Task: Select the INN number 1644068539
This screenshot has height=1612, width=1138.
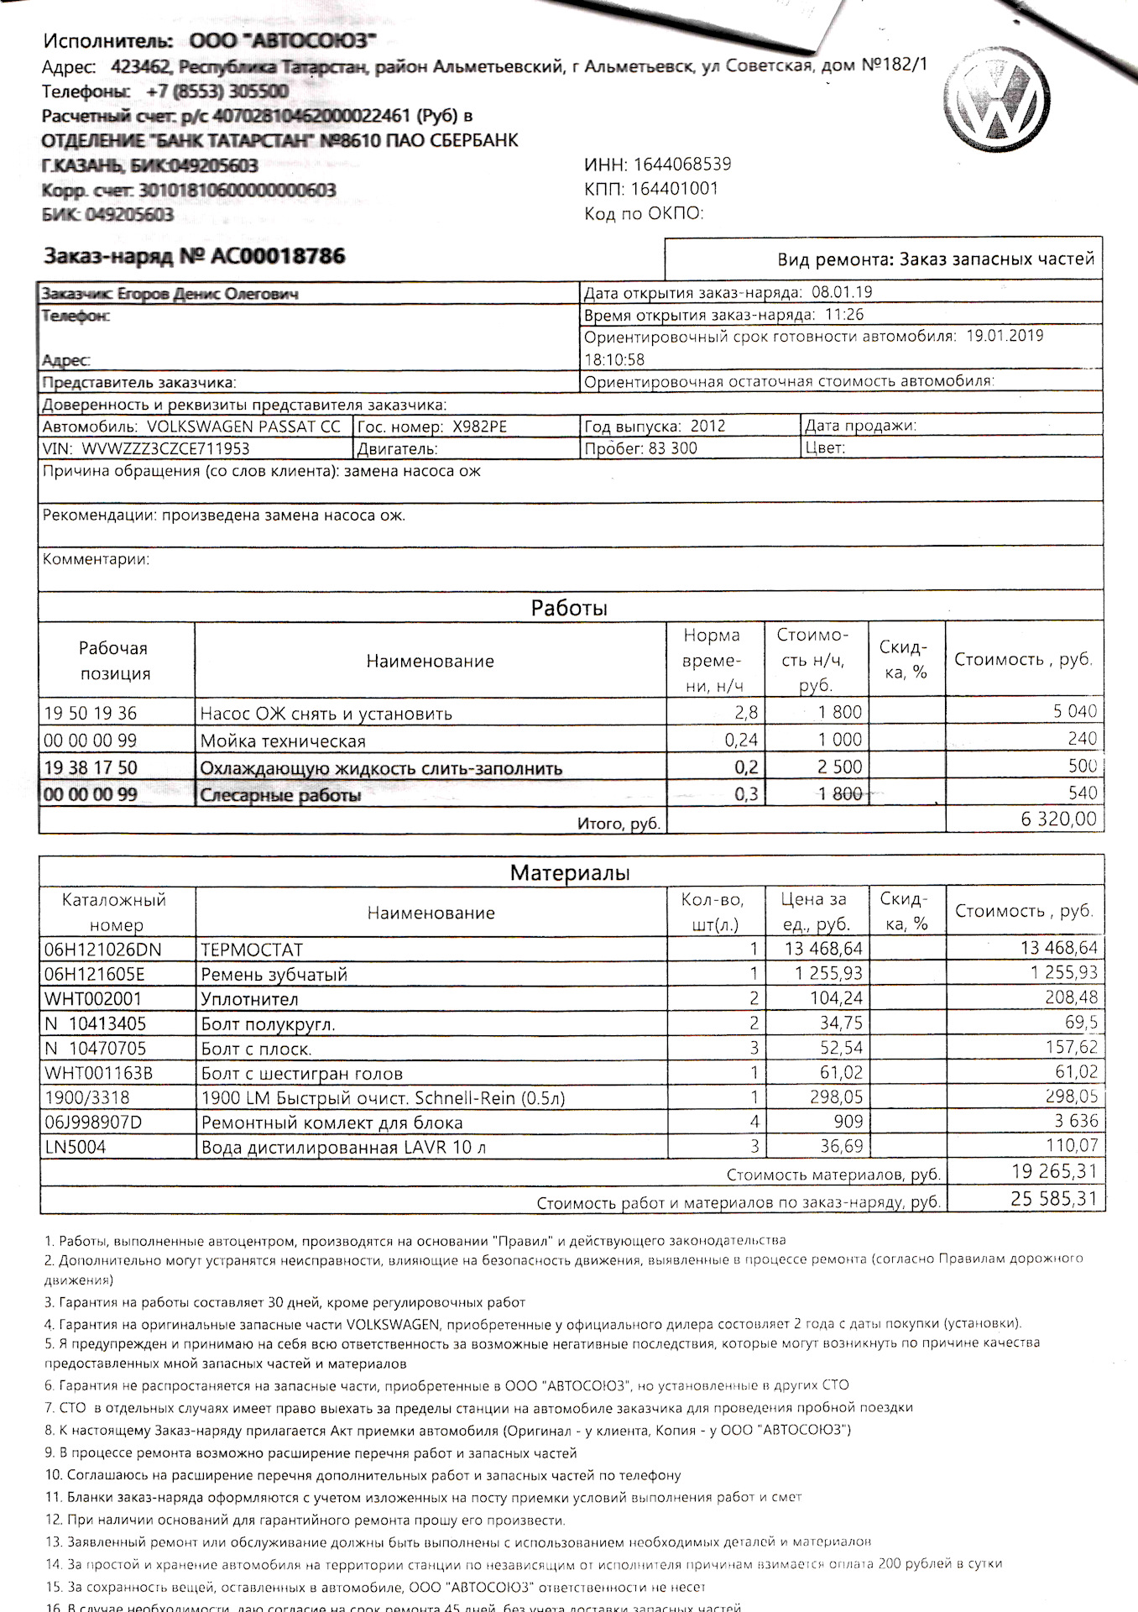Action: point(682,165)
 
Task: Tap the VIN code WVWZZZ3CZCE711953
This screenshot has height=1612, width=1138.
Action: point(165,449)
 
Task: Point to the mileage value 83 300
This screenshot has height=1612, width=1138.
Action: point(672,448)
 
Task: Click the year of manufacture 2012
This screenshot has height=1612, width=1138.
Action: point(707,427)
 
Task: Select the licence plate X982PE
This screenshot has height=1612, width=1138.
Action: point(479,427)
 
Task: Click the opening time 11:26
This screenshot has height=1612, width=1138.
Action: point(844,315)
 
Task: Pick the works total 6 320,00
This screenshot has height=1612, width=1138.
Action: point(1058,819)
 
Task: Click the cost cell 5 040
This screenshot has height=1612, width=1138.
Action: point(1075,712)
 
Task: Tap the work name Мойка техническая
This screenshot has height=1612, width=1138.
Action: point(283,741)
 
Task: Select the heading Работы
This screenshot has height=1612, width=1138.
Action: point(569,608)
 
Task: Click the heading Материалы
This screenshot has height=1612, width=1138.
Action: point(570,873)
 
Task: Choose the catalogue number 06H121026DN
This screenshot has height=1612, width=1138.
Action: point(102,950)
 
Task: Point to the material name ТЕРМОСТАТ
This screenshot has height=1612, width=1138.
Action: point(252,950)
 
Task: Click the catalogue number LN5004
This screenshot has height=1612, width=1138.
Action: point(76,1147)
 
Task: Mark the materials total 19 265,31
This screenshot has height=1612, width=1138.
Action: point(1054,1172)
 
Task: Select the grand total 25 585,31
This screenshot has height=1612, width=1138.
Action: point(1053,1199)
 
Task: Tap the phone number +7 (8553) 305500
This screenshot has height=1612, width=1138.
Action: point(217,92)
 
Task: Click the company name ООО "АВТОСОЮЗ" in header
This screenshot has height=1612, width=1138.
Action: point(283,40)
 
